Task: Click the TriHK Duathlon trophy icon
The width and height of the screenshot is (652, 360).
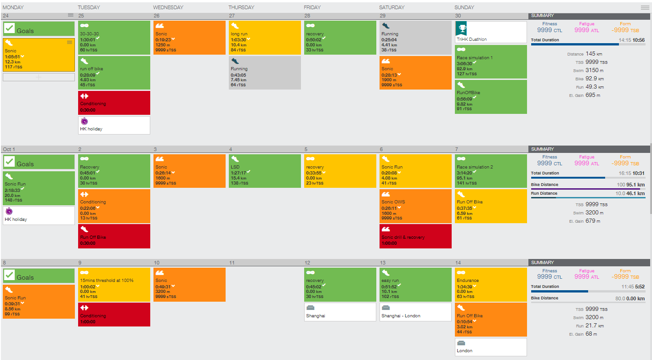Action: (x=461, y=28)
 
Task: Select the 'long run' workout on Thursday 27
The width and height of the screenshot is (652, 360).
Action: (x=265, y=38)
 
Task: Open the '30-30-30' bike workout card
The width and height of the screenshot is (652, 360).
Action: (x=114, y=38)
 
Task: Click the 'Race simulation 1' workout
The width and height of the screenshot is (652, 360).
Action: (x=491, y=62)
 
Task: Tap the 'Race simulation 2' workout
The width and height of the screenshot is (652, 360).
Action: (x=491, y=171)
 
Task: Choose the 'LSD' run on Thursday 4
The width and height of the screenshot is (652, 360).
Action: (x=265, y=171)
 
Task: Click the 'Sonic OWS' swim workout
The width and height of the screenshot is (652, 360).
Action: (x=415, y=206)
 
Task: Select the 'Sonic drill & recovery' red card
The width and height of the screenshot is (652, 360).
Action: (x=415, y=236)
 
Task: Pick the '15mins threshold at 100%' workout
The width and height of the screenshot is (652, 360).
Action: (x=114, y=285)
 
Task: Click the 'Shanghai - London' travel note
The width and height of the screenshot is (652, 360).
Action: (x=415, y=312)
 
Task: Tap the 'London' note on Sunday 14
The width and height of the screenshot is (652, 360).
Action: (x=491, y=347)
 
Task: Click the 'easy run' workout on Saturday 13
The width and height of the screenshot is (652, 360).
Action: (x=415, y=285)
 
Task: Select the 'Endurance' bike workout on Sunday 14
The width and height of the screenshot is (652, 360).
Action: (x=491, y=285)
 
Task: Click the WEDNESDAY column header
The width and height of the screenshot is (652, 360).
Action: (x=168, y=7)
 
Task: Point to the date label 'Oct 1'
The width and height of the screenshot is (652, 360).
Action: (x=9, y=149)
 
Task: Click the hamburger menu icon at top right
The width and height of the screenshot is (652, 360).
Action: (x=645, y=7)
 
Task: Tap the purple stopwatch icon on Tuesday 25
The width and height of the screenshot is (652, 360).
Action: (x=85, y=122)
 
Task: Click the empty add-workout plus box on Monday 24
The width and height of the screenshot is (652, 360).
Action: (x=39, y=77)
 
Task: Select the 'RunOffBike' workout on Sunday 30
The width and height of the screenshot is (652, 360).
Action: (x=491, y=97)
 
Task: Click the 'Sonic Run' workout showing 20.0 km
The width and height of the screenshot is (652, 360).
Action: (x=39, y=188)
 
